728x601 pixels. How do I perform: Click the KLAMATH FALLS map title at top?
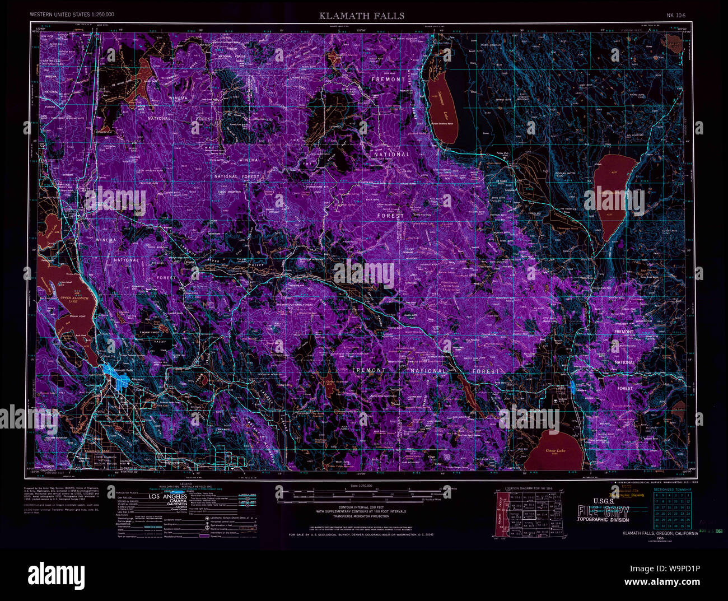click(x=362, y=16)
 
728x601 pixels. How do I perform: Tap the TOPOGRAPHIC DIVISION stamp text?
click(x=604, y=519)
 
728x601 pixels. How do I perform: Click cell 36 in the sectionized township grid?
click(x=688, y=526)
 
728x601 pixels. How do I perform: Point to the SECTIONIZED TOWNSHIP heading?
click(x=672, y=489)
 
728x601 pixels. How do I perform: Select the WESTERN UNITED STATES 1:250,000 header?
click(x=72, y=13)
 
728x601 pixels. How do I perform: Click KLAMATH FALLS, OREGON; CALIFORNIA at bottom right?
click(x=660, y=534)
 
